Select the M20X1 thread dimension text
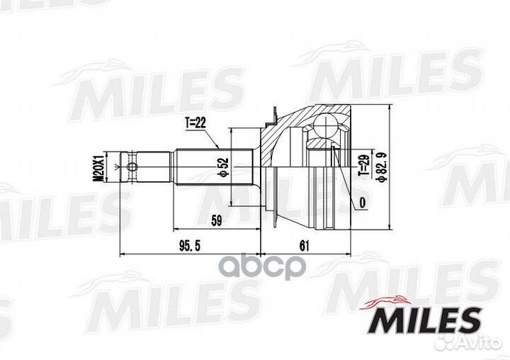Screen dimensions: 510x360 [x=98, y=167]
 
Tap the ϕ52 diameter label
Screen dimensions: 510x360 [x=225, y=168]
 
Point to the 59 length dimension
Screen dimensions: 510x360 [x=216, y=220]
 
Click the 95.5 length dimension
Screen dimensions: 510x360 [x=190, y=246]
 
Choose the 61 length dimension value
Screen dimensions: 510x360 [x=304, y=246]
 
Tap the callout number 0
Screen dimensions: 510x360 [x=362, y=203]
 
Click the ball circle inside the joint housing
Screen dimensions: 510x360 [x=326, y=125]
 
